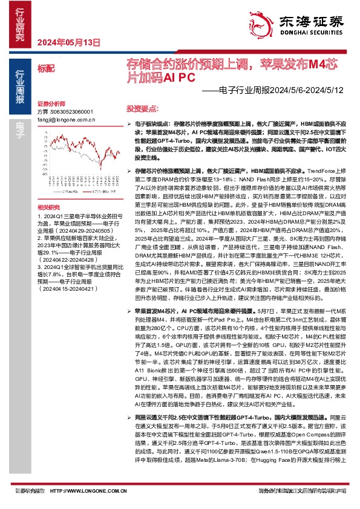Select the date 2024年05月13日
point(68,42)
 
